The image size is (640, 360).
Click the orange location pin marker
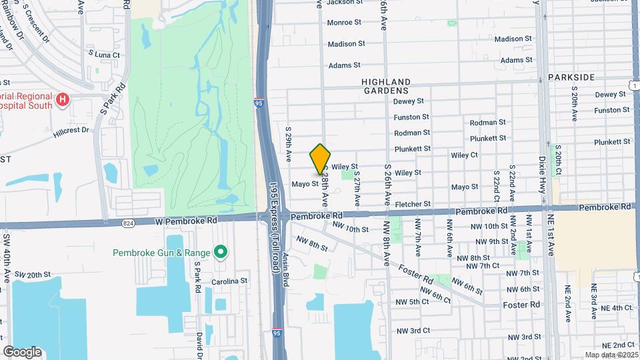321,159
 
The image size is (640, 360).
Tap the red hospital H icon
63,100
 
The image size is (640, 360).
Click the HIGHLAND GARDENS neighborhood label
385,85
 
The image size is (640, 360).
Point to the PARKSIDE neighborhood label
571,77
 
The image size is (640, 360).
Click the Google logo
22,351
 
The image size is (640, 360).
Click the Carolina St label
230,281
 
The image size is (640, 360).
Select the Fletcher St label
413,203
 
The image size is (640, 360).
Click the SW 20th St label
33,275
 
